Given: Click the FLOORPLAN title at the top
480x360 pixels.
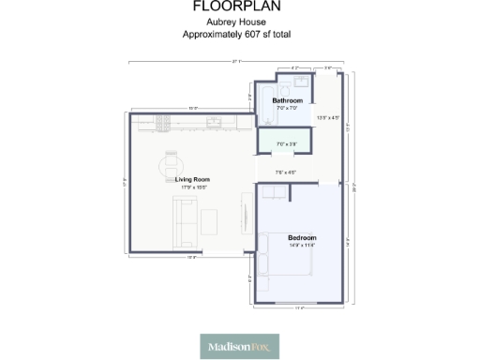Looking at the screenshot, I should point(240,7).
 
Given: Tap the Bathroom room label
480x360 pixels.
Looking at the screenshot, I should point(287,100).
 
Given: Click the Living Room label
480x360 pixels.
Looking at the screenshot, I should point(192,179).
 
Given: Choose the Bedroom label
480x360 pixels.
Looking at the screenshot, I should point(302,237).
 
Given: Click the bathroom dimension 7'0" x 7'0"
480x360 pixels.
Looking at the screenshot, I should point(287,108).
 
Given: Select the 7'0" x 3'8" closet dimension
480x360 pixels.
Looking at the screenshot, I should point(286,143).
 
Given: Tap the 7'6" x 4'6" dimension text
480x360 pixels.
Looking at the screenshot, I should point(285,172).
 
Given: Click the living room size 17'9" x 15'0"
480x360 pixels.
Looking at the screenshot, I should point(192,187).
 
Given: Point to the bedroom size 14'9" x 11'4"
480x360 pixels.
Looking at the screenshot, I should point(302,245).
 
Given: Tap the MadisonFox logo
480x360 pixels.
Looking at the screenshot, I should point(240,347).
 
